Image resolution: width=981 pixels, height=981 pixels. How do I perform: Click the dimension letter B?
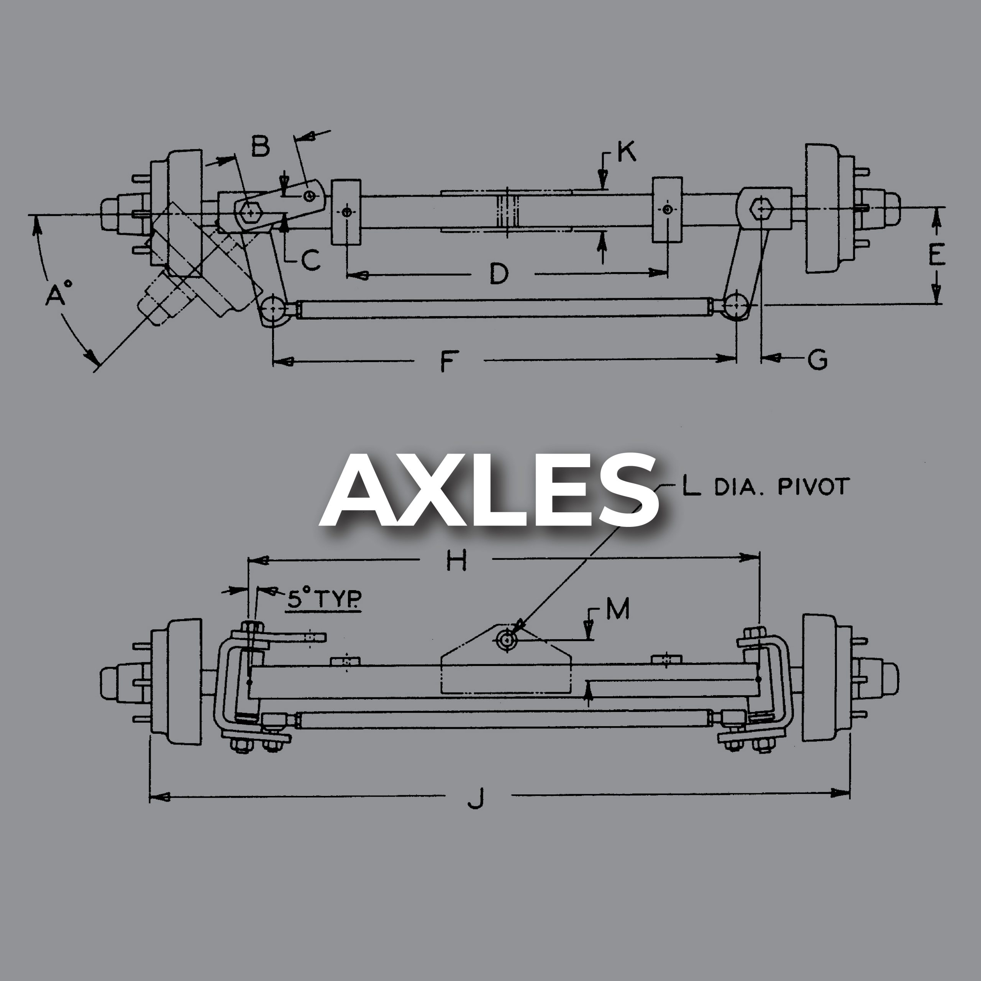261,146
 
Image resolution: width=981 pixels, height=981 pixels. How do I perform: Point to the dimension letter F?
447,361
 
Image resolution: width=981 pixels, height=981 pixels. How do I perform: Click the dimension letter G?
817,359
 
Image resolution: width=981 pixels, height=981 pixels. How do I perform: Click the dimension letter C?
310,260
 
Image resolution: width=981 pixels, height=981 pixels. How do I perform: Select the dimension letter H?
456,561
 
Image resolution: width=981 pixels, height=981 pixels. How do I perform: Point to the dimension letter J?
476,798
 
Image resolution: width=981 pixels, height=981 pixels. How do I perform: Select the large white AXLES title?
489,490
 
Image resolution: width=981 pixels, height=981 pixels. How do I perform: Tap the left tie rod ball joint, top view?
274,307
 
